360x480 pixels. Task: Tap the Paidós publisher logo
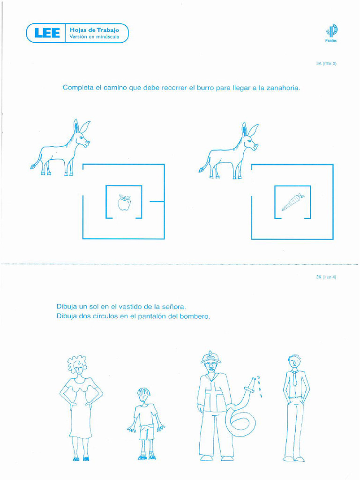(x=331, y=32)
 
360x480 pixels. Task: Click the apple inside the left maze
(x=124, y=203)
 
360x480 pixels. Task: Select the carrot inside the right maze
(x=292, y=202)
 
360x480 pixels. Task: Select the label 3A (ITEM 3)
(x=326, y=63)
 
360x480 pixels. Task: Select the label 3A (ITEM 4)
(x=326, y=277)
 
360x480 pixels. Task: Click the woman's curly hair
(x=77, y=363)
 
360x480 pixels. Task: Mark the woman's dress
(x=81, y=412)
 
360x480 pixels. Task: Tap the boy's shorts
(x=147, y=432)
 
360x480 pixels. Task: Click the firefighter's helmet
(x=211, y=358)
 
